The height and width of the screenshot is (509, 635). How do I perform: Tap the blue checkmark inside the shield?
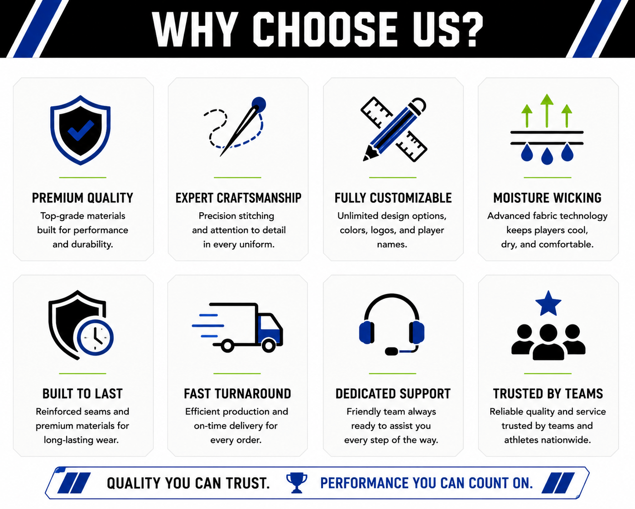[x=81, y=130]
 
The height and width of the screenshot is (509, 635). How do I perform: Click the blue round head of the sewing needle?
[x=259, y=104]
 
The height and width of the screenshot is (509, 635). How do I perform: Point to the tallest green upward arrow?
[x=547, y=111]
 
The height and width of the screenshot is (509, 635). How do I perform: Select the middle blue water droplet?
[x=547, y=156]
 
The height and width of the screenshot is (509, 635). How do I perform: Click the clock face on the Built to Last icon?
[x=95, y=337]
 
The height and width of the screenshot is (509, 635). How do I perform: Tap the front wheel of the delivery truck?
[x=269, y=346]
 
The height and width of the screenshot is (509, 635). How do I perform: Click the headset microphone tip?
[x=392, y=351]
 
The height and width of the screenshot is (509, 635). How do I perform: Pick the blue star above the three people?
[x=548, y=303]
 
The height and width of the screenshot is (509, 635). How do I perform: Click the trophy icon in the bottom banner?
[x=297, y=483]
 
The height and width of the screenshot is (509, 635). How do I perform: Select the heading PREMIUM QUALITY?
[x=82, y=198]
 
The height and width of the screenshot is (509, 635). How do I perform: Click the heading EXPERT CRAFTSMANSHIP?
[x=238, y=198]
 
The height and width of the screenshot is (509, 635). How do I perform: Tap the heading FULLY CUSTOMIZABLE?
[x=393, y=198]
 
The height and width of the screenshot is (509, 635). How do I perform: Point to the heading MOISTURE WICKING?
[x=548, y=198]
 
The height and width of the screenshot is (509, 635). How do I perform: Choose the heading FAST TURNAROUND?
[x=237, y=394]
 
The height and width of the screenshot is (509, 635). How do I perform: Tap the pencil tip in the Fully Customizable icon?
[x=366, y=158]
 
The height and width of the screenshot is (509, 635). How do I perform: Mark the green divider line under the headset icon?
[x=392, y=374]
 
